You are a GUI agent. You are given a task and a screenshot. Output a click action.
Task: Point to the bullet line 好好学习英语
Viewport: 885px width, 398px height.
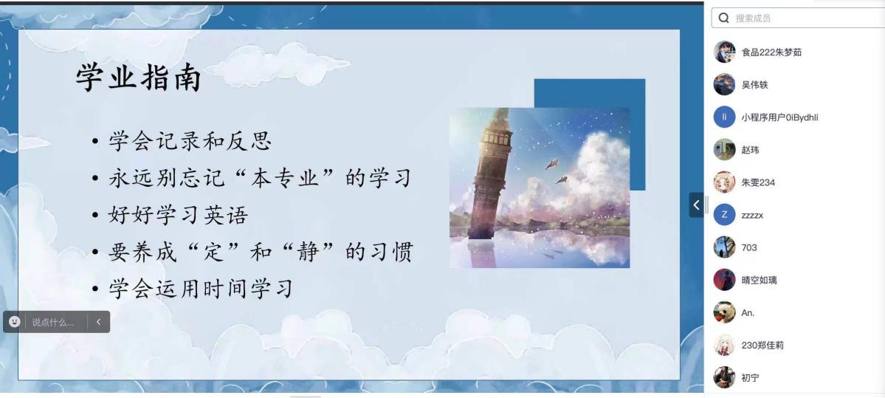(x=178, y=215)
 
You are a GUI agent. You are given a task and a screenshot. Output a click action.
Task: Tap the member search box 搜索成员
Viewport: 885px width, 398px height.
(x=797, y=18)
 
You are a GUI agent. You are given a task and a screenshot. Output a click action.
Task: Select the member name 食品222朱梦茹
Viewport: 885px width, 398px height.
(x=771, y=52)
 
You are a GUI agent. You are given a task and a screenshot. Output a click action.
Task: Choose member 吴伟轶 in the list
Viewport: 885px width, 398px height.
(x=754, y=85)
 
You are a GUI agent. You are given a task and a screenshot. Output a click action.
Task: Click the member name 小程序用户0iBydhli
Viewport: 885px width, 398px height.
(x=779, y=117)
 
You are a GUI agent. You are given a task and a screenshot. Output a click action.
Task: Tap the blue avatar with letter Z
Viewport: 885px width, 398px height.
(x=724, y=215)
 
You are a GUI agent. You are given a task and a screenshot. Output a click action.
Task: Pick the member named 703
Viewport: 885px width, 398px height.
(x=749, y=247)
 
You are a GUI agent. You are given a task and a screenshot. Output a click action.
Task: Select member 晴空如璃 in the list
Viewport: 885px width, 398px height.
(x=759, y=280)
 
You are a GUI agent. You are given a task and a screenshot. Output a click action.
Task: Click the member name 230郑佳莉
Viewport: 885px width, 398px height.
(x=762, y=345)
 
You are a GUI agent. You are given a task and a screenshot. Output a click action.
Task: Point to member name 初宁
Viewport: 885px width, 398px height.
(x=750, y=377)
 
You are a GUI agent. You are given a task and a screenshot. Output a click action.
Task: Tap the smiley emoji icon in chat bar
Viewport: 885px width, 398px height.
(x=14, y=322)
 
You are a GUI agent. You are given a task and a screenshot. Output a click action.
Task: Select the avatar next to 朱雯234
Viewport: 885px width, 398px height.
(x=724, y=182)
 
